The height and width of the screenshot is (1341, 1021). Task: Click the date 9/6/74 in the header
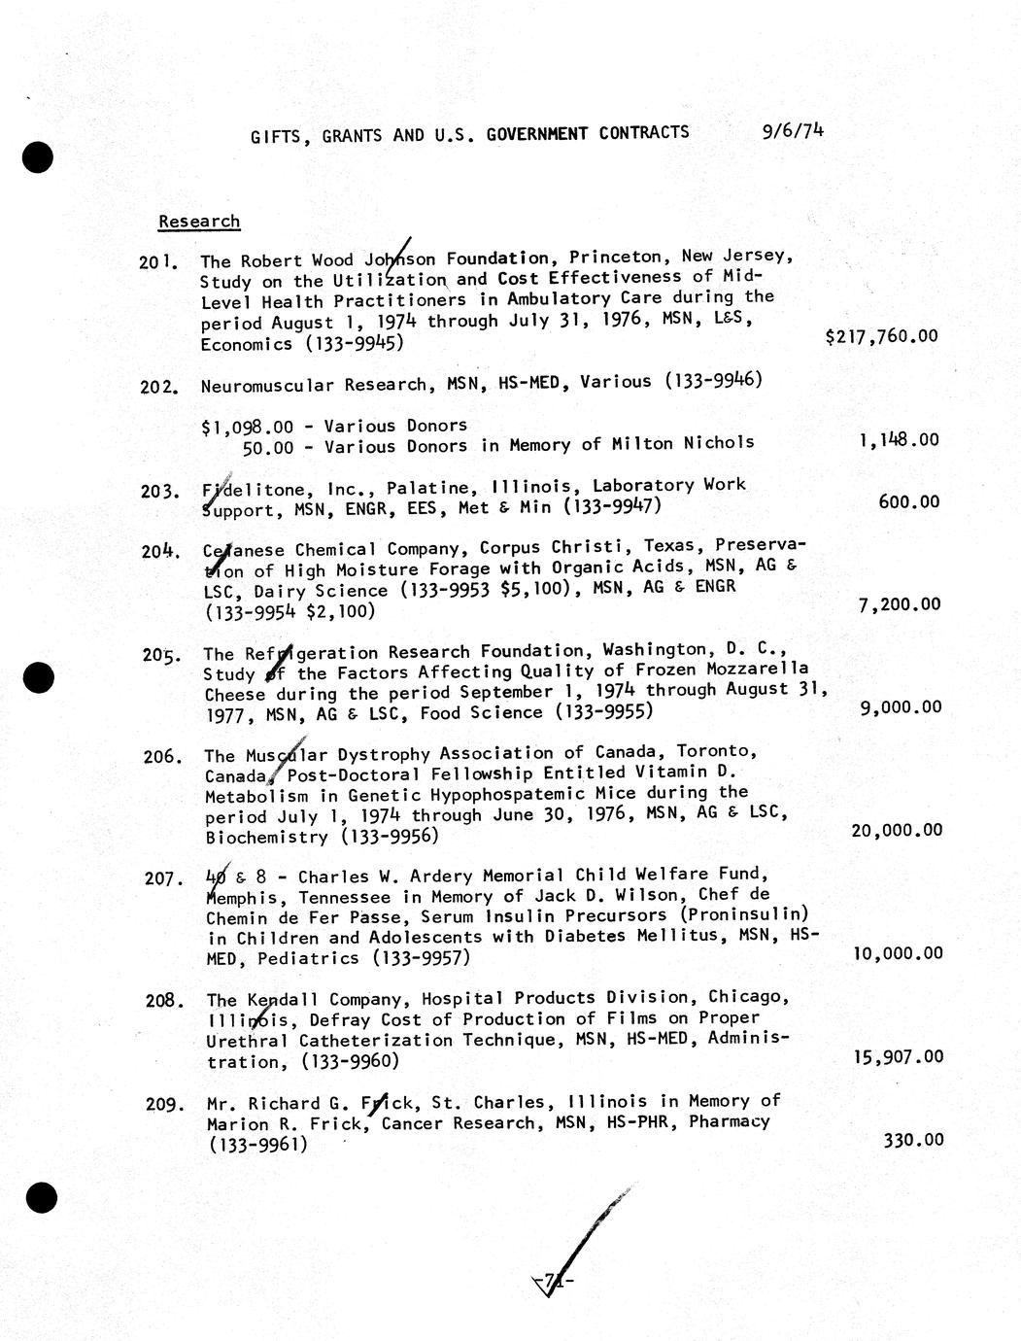pos(793,130)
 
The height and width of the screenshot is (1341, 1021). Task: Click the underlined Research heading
pos(199,222)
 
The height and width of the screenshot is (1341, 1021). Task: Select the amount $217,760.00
pos(881,337)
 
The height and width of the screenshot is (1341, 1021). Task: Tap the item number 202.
pos(158,387)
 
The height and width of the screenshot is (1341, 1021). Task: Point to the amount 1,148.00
pos(899,440)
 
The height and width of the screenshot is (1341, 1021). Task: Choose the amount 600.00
pos(909,502)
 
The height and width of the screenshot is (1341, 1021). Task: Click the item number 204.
pos(159,551)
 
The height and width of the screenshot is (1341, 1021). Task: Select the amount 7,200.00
pos(900,604)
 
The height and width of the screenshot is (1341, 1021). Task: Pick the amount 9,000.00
pos(901,707)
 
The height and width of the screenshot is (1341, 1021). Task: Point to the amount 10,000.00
pos(897,953)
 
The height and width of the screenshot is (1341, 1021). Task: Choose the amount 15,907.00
pos(898,1056)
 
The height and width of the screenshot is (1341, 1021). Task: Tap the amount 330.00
pos(913,1140)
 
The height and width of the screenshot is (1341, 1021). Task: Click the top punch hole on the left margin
pos(39,157)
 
